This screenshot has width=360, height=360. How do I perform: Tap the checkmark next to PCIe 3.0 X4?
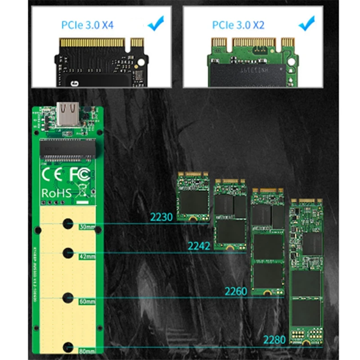tap(155, 22)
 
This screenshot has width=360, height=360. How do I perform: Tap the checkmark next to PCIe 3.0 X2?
tap(307, 22)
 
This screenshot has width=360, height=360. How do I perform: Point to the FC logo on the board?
tap(80, 174)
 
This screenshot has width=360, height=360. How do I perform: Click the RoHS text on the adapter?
tap(56, 193)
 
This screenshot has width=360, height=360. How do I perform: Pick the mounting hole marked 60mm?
tap(68, 297)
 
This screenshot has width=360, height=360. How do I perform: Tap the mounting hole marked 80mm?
tap(68, 346)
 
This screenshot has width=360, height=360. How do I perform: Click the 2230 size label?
tap(161, 217)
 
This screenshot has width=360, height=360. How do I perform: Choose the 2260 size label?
tap(236, 291)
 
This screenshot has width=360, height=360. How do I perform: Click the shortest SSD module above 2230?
tap(193, 196)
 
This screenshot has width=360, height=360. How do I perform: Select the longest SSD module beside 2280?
tap(307, 272)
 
